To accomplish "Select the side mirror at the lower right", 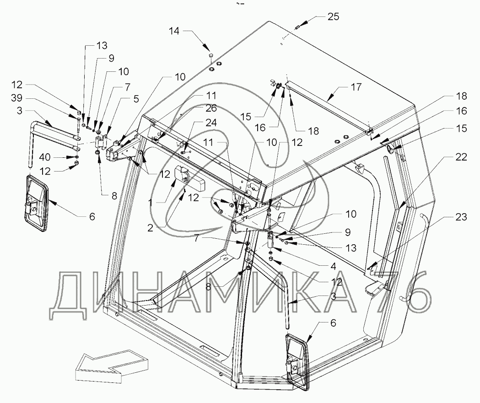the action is (297, 361).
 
